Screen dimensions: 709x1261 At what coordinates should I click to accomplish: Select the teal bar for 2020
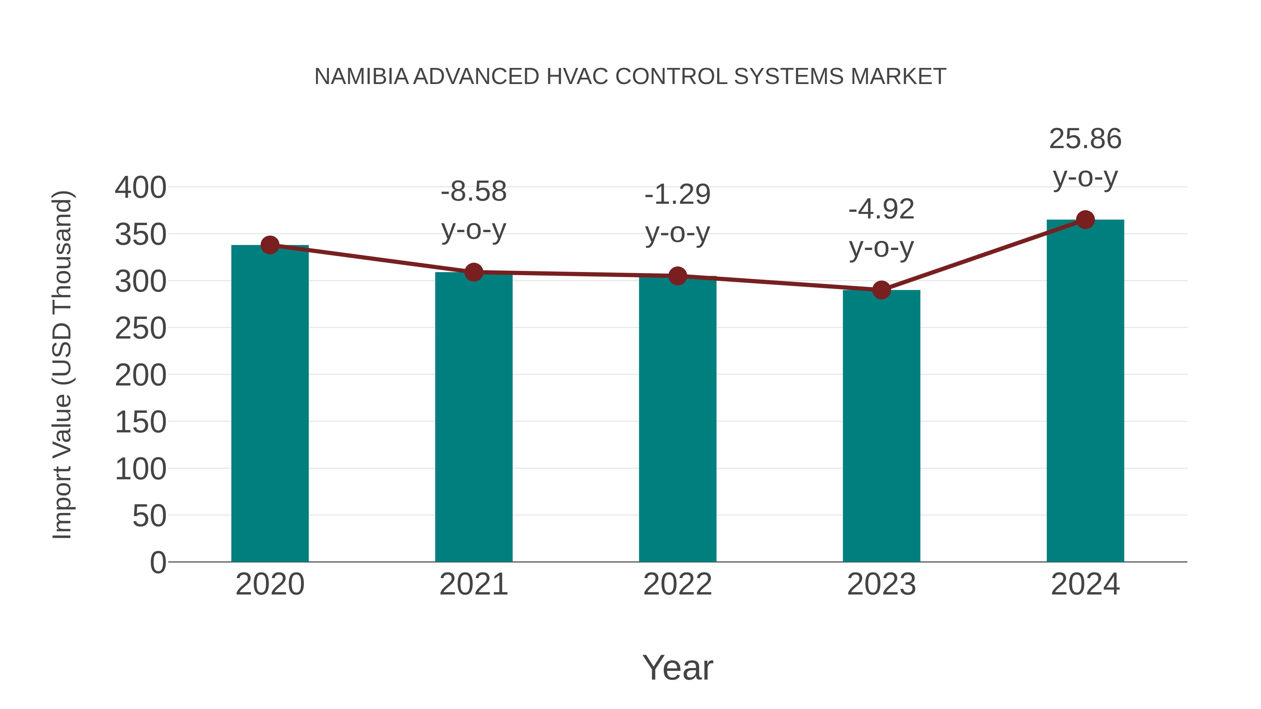270,404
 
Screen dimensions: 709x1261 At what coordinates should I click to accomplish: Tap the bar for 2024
1085,391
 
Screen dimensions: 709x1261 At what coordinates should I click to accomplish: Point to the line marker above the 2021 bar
473,272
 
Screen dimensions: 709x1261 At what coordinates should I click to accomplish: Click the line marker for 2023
881,290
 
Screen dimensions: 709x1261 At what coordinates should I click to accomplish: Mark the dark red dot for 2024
1085,220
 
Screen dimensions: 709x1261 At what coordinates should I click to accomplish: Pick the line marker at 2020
270,245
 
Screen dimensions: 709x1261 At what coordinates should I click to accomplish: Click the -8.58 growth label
473,191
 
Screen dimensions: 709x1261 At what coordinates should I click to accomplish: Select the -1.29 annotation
677,194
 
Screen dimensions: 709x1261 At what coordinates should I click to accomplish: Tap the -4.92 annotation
881,209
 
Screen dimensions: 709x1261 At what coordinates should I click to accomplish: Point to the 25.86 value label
1085,139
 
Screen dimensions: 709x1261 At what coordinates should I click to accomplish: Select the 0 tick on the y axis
158,562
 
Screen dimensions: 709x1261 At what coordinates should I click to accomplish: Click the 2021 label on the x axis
473,584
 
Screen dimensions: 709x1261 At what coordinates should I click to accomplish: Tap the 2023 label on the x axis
881,584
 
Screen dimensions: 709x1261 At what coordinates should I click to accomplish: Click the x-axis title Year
677,667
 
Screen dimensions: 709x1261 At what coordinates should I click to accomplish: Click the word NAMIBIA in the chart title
361,77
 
